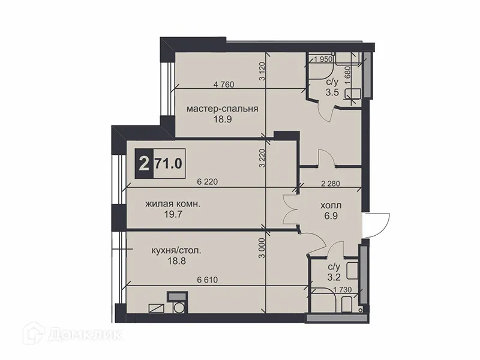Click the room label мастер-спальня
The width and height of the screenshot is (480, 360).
pos(222,109)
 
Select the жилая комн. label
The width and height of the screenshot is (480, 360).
pos(173,203)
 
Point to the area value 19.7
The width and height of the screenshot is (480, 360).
pos(173,214)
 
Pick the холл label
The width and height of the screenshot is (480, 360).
pos(331,203)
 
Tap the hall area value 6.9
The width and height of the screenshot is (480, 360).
pos(331,214)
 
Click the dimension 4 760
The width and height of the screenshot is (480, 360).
pos(223,85)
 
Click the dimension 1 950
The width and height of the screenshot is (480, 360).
pos(322,59)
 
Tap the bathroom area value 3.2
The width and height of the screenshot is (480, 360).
pos(333,277)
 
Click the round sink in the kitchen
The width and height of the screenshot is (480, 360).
pos(178,308)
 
